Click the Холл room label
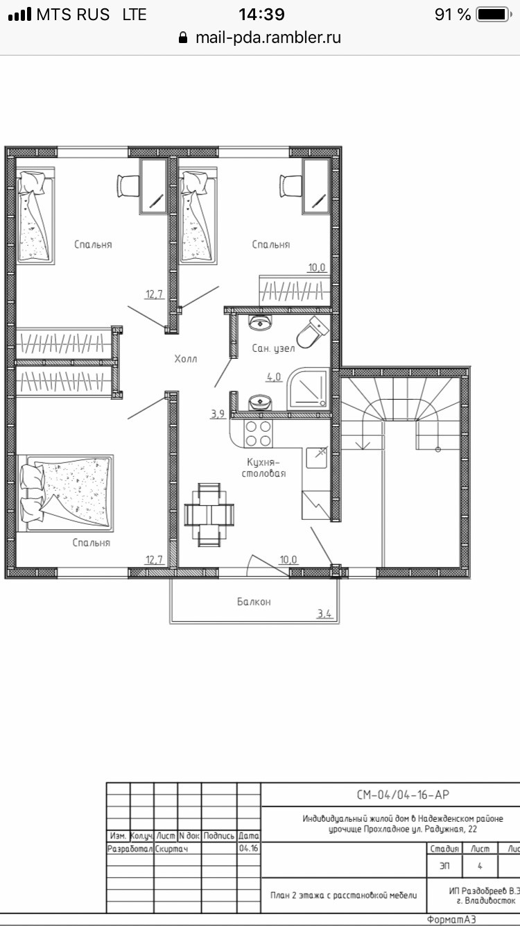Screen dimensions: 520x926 tap(185, 359)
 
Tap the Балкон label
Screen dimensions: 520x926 tap(253, 602)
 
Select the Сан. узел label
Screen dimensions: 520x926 tap(273, 348)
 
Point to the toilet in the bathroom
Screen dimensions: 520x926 tap(313, 332)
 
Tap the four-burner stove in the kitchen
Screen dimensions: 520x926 tap(259, 434)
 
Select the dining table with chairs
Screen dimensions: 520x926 tap(209, 514)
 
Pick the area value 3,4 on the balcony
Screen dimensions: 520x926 tap(324, 613)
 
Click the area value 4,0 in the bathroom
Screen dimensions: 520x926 tap(274, 378)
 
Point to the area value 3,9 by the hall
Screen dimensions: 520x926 tap(218, 414)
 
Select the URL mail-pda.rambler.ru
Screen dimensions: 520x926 tap(268, 37)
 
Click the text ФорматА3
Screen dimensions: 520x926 tap(451, 920)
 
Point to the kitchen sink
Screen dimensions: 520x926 tap(320, 453)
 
